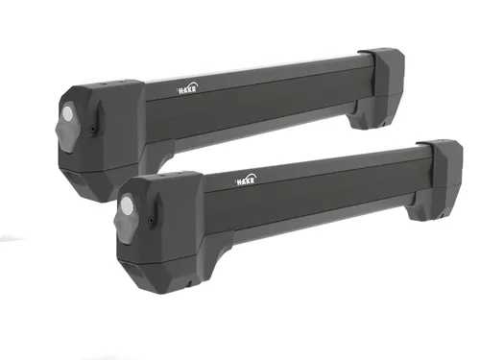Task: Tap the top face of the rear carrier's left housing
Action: tap(105, 88)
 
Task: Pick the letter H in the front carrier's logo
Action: tap(235, 181)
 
